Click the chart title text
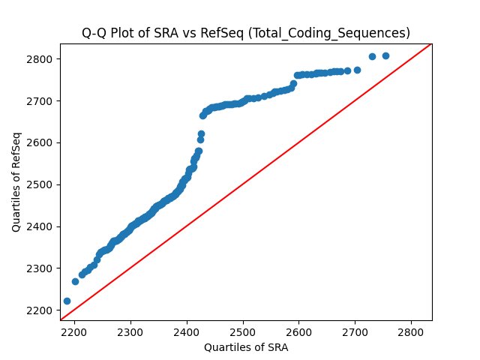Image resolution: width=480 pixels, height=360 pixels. [246, 33]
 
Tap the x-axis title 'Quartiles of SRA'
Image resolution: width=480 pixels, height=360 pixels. [246, 347]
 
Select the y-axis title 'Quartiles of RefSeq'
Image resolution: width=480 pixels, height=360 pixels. [16, 182]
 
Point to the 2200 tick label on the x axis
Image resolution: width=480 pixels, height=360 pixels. [74, 332]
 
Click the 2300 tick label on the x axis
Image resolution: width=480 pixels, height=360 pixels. [130, 332]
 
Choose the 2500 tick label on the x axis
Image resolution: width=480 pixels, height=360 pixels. [243, 332]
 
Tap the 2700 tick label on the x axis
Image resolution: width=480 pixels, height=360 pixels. [355, 332]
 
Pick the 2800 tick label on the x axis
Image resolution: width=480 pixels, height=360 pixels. [411, 332]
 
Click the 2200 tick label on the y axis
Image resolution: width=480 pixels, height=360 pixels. [40, 310]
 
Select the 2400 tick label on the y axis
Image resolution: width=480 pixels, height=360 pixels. [40, 226]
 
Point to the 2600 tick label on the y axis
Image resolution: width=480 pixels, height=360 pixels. [40, 143]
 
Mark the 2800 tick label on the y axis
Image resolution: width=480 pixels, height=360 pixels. [40, 59]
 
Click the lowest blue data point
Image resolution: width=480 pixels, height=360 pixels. [67, 301]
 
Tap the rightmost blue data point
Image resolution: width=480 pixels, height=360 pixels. [385, 55]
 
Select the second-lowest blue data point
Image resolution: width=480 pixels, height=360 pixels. [75, 282]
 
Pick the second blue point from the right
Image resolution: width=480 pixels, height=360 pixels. [372, 57]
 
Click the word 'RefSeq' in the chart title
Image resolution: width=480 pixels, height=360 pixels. [222, 33]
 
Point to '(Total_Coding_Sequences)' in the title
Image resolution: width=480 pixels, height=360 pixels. [328, 33]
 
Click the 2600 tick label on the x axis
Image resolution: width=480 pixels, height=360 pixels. [299, 332]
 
